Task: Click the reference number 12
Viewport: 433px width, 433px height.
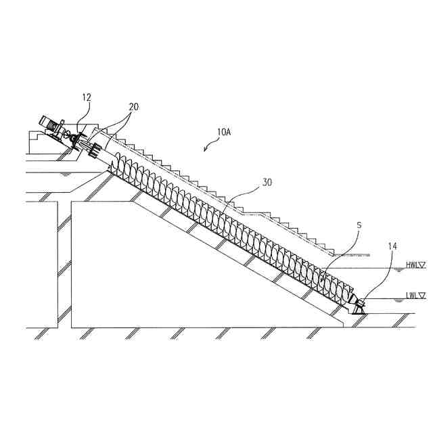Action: click(87, 98)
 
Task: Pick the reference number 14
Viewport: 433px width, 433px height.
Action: click(392, 247)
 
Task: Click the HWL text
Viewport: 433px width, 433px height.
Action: click(411, 266)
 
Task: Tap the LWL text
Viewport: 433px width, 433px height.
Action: click(411, 296)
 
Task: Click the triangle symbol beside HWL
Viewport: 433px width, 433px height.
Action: click(422, 266)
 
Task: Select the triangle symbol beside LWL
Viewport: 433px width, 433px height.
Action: click(422, 296)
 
